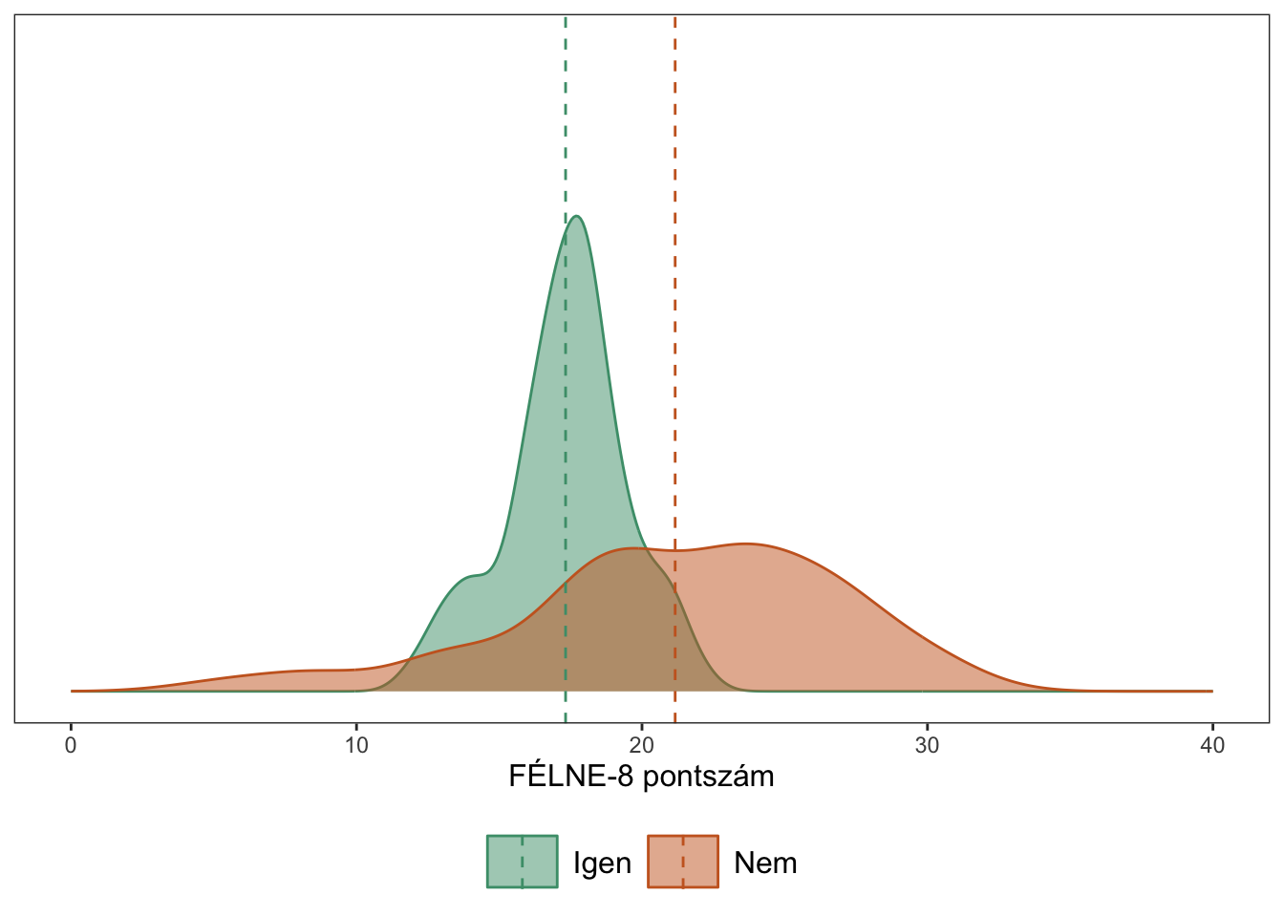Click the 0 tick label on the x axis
click(71, 745)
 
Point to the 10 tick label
click(356, 745)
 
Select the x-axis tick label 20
click(642, 745)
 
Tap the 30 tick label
click(927, 745)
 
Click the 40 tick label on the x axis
click(1212, 745)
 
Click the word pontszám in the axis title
click(708, 777)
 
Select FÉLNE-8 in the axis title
click(571, 776)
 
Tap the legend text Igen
click(602, 863)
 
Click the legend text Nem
click(765, 863)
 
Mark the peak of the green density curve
click(576, 216)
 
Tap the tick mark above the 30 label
click(927, 728)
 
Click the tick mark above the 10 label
click(356, 728)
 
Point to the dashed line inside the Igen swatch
click(522, 862)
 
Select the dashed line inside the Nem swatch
click(682, 862)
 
